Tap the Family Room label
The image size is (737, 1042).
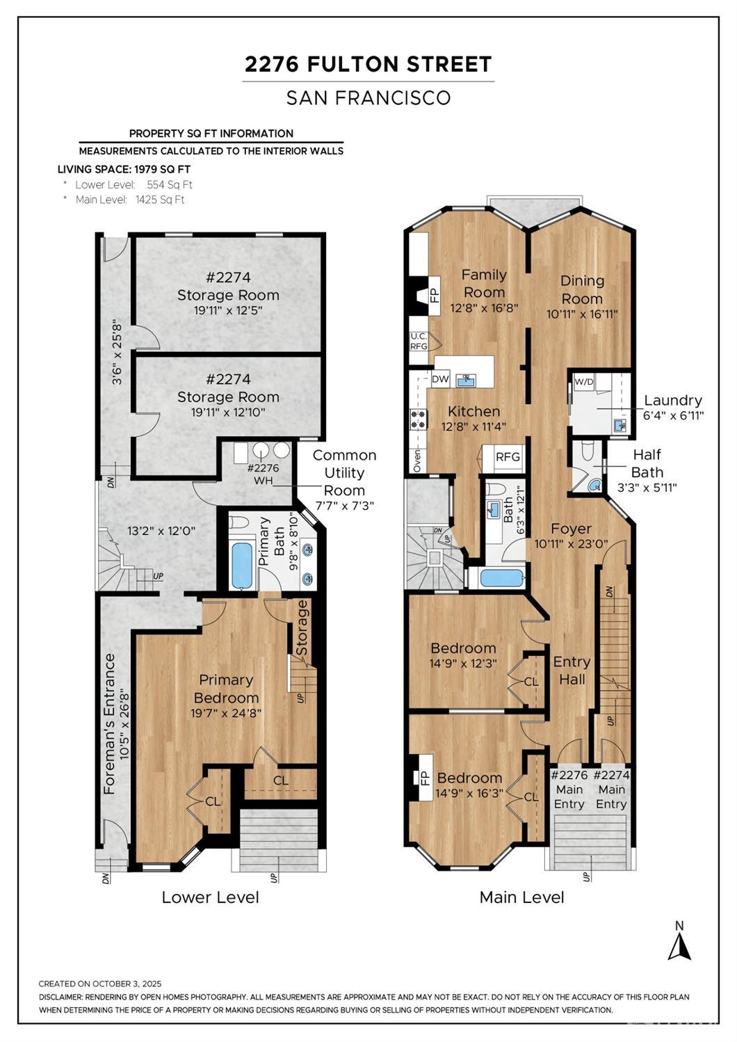(x=484, y=283)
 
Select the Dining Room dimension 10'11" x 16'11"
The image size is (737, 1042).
(x=582, y=314)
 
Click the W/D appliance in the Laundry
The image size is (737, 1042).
(x=583, y=381)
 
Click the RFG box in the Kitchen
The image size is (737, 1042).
(x=507, y=457)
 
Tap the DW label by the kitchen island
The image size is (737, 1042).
(x=440, y=379)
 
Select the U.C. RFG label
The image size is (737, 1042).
(x=419, y=341)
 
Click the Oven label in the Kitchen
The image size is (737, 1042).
(x=417, y=460)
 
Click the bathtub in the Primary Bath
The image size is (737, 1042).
(x=242, y=565)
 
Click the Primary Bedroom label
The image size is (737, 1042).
(x=226, y=689)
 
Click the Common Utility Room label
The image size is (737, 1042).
(x=344, y=473)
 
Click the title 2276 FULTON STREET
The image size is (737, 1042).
(x=368, y=65)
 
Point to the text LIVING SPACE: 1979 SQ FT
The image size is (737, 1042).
(x=124, y=169)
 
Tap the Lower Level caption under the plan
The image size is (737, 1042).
(x=210, y=897)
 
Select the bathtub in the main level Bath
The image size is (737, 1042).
(x=499, y=577)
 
